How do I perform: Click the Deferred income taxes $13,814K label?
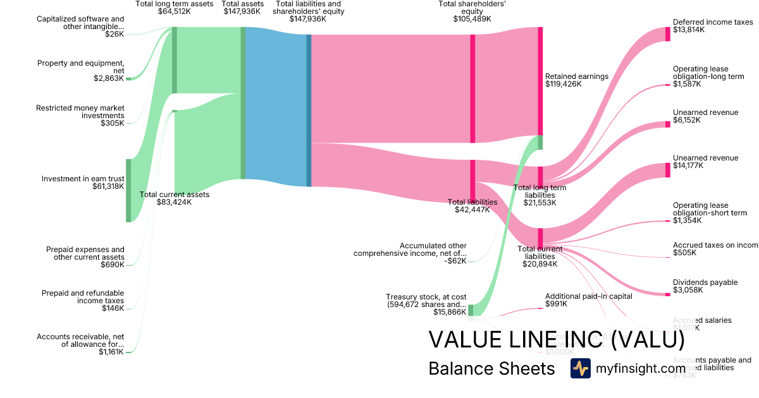(x=713, y=26)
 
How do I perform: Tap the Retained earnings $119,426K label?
(x=576, y=80)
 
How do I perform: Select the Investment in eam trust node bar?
(x=128, y=191)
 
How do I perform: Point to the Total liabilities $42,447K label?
(x=472, y=206)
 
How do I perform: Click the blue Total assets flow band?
(x=276, y=111)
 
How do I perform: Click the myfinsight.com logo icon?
(x=580, y=368)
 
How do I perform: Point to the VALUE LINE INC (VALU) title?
(x=557, y=339)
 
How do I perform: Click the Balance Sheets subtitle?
(x=491, y=368)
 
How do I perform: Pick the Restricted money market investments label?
(x=80, y=116)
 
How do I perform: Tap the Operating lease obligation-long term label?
(x=708, y=76)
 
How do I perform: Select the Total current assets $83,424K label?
(x=174, y=198)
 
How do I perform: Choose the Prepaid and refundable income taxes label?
(x=82, y=301)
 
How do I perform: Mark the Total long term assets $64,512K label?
(x=175, y=8)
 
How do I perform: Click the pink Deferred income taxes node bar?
(x=667, y=34)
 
